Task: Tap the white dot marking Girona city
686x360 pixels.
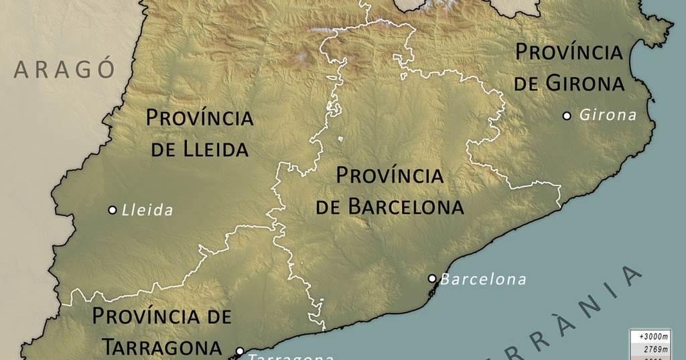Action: [x=567, y=116]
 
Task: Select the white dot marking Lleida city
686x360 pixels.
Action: [x=113, y=210]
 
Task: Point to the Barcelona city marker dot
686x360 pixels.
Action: [x=432, y=278]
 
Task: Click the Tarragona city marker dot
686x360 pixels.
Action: [x=240, y=351]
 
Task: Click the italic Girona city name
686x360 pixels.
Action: [x=608, y=115]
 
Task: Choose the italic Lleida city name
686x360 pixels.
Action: [x=147, y=211]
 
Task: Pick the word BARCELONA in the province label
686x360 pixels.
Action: [x=406, y=207]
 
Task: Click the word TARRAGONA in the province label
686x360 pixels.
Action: [x=161, y=347]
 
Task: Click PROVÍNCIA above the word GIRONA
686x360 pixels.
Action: [x=569, y=52]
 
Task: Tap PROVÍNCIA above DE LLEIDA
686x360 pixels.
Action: [x=200, y=119]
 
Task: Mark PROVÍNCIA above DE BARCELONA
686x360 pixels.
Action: [x=390, y=176]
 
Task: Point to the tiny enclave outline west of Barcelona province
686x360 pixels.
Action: [x=341, y=139]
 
